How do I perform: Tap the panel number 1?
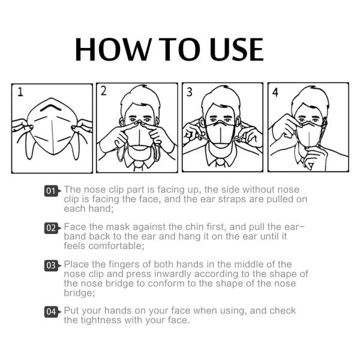[x=20, y=92]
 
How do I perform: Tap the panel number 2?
[x=104, y=91]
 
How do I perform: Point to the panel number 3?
[x=190, y=92]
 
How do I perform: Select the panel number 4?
[x=275, y=92]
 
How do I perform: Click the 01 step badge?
[x=51, y=191]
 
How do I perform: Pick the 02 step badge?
[x=51, y=228]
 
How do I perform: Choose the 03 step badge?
[x=51, y=266]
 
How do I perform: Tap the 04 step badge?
[x=51, y=312]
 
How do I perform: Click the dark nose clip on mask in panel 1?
[x=51, y=107]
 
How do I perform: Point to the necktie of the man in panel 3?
[x=220, y=163]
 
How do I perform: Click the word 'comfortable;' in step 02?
[x=116, y=246]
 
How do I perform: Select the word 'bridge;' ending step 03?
[x=79, y=293]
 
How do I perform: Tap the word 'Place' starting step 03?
[x=76, y=265]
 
